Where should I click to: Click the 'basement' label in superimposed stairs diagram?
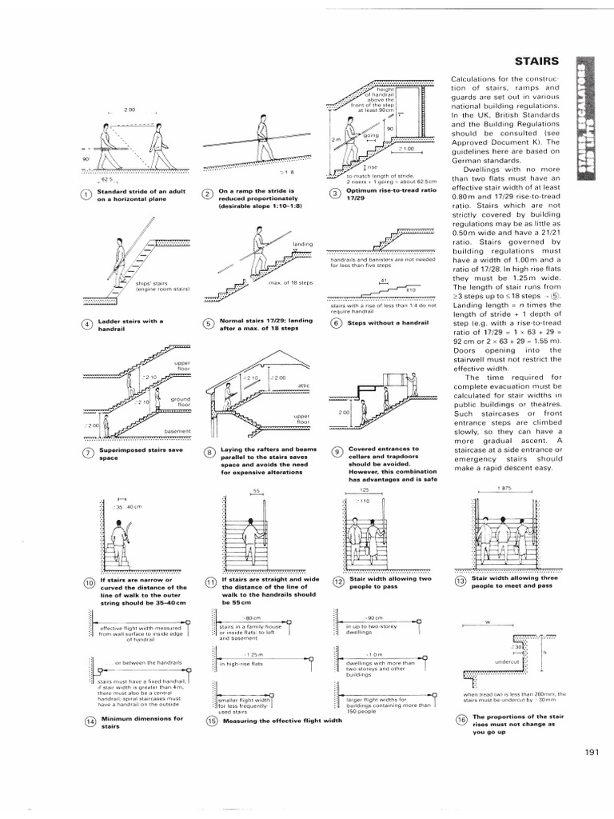point(177,432)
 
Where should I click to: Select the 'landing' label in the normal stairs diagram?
point(303,243)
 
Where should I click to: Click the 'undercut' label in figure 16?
point(508,662)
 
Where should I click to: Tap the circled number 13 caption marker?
point(461,581)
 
